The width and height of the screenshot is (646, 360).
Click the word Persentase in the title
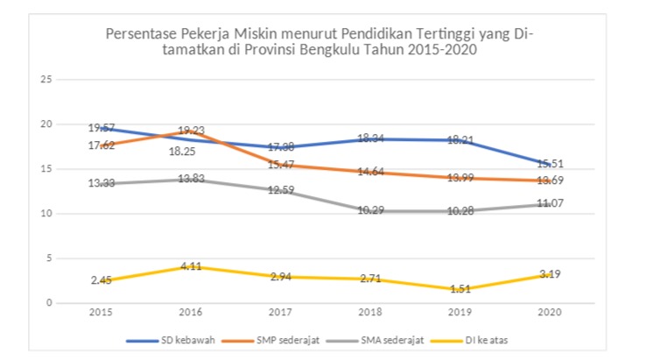tap(139, 34)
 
